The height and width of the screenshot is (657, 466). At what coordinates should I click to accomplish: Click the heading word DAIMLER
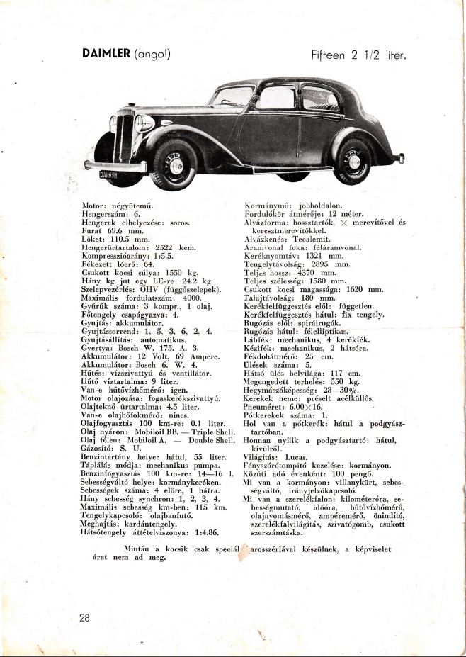click(106, 54)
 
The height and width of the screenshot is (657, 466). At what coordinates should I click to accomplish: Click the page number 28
click(84, 617)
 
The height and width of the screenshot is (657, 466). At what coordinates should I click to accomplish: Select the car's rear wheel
click(353, 161)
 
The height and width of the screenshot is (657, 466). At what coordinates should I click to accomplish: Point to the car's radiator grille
click(125, 137)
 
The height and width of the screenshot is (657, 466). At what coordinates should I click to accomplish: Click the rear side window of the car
click(319, 98)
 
